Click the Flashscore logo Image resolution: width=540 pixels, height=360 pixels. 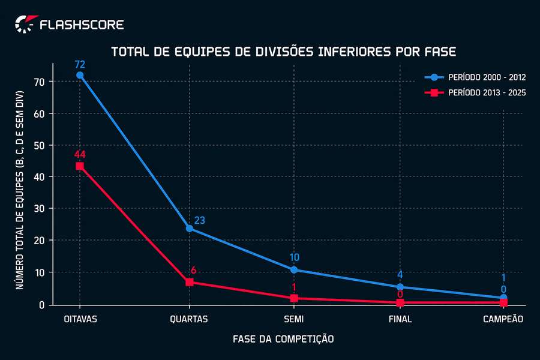[x=69, y=25]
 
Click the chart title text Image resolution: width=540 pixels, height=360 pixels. [x=284, y=52]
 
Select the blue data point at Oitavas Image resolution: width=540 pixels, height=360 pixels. [x=80, y=75]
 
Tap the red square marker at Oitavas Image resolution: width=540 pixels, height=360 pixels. [x=80, y=166]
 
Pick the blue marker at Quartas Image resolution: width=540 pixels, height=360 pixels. [x=190, y=228]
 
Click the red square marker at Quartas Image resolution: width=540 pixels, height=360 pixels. [x=190, y=282]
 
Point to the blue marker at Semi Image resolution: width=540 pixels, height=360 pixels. [x=294, y=270]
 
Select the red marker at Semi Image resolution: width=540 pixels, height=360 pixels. [x=294, y=298]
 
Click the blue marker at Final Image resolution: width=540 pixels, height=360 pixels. [x=400, y=287]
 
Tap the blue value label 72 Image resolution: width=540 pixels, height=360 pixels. [x=80, y=64]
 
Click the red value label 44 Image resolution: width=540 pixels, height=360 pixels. [x=80, y=154]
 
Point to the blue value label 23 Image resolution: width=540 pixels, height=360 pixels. [x=200, y=220]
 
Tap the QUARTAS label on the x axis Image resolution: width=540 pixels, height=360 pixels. [x=190, y=319]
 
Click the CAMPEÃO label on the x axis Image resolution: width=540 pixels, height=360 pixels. [x=503, y=319]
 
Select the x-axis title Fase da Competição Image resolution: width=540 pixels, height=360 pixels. [x=283, y=339]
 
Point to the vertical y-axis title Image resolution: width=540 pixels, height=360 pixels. [x=20, y=191]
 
